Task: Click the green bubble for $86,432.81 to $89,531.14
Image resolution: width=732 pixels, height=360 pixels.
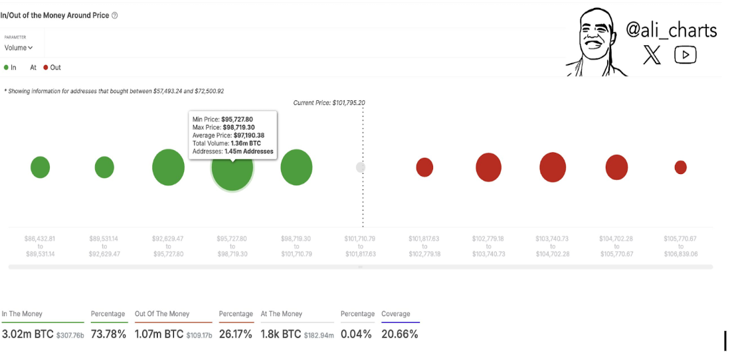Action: [x=41, y=167]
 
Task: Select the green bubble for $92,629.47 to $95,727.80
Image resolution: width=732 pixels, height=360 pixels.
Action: [x=168, y=167]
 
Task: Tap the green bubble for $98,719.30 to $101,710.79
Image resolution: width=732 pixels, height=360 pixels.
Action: [x=296, y=167]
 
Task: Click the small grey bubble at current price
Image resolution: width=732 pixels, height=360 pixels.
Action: [x=361, y=167]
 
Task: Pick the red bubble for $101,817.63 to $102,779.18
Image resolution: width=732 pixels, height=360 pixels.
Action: [x=424, y=167]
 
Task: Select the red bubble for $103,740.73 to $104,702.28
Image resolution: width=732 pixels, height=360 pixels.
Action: [x=553, y=167]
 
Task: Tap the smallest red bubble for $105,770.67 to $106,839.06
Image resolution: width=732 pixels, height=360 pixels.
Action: [x=680, y=167]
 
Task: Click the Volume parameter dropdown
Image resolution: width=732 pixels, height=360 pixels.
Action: [x=19, y=48]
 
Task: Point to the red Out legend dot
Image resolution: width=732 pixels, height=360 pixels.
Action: [x=46, y=68]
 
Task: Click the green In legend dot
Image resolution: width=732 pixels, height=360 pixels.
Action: [x=6, y=68]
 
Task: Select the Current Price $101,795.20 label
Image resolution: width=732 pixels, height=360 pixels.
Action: [x=329, y=103]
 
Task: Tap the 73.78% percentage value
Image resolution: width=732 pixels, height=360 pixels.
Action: [x=108, y=334]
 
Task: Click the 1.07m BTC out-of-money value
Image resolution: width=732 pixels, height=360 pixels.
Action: [x=159, y=334]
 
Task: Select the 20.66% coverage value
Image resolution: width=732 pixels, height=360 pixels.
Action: [x=399, y=334]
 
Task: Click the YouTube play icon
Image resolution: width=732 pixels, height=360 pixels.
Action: [x=685, y=55]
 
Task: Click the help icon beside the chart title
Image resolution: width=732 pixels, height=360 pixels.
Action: [x=115, y=15]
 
